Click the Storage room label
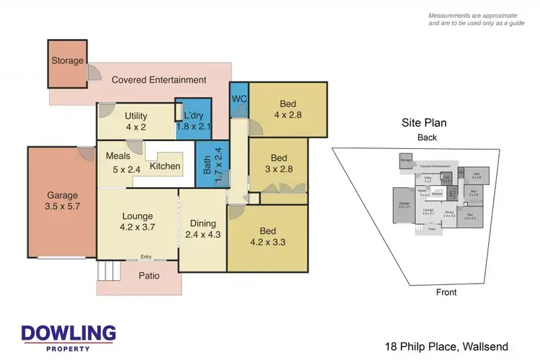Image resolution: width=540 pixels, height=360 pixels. pyautogui.click(x=67, y=61)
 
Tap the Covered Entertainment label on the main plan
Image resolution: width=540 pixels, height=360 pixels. pyautogui.click(x=158, y=80)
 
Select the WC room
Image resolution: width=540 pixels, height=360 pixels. pyautogui.click(x=239, y=99)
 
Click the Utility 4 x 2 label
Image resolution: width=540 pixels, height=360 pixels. pyautogui.click(x=136, y=122)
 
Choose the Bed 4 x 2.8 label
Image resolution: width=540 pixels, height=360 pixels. pyautogui.click(x=288, y=107)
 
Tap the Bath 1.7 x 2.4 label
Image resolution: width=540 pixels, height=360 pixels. pyautogui.click(x=207, y=166)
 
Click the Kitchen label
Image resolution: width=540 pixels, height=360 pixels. pyautogui.click(x=165, y=167)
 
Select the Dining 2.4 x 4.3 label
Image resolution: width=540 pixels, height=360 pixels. pyautogui.click(x=202, y=229)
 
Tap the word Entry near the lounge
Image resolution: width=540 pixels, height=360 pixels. pyautogui.click(x=146, y=257)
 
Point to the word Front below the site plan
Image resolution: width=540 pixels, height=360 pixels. pyautogui.click(x=446, y=292)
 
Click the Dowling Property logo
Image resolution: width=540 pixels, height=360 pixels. pyautogui.click(x=68, y=337)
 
